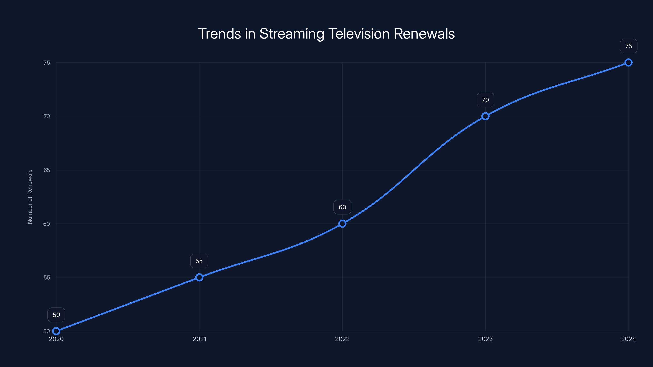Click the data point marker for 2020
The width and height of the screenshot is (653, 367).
coord(56,331)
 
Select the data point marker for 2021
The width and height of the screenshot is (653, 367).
coord(199,277)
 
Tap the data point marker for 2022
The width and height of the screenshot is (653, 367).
coord(342,224)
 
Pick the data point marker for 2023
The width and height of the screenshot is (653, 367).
coord(485,116)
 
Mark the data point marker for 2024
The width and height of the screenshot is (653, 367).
coord(629,63)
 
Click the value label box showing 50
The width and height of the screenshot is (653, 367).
coord(56,315)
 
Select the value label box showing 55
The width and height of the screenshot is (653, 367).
coord(199,261)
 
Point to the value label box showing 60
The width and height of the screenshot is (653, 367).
coord(342,207)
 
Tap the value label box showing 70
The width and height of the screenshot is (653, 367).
coord(485,100)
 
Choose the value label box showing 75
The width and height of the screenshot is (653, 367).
coord(629,46)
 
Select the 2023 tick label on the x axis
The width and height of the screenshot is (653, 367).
coord(485,339)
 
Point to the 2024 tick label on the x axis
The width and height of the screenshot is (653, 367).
coord(629,339)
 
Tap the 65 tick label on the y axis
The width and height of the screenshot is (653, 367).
coord(47,170)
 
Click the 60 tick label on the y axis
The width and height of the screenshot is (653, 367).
coord(47,224)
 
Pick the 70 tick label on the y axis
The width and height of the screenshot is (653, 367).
coord(47,116)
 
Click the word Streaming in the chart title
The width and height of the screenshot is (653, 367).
coord(292,34)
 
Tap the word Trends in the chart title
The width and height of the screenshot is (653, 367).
coord(220,34)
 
